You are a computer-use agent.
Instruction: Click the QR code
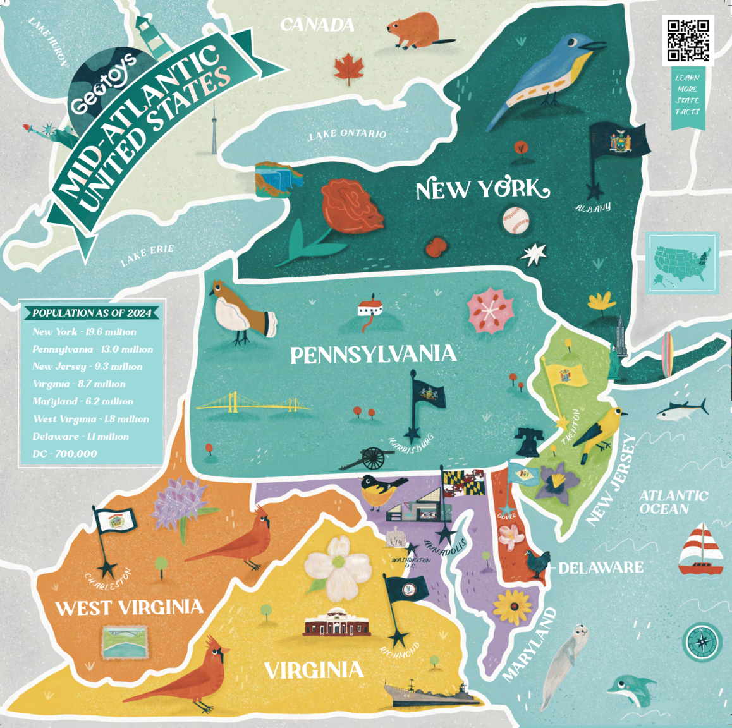click(688, 40)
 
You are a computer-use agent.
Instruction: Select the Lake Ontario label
click(347, 134)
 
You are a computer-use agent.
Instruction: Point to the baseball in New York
click(515, 221)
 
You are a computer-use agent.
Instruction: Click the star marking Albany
click(594, 191)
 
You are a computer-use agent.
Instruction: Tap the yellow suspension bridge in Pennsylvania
click(253, 403)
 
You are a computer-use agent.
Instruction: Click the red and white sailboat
click(700, 550)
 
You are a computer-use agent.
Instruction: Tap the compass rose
click(702, 641)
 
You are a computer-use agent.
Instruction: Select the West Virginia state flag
click(116, 520)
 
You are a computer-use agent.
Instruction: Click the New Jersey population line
click(87, 367)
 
